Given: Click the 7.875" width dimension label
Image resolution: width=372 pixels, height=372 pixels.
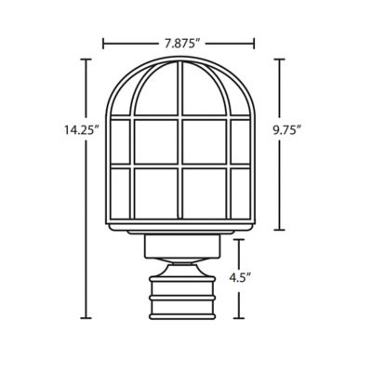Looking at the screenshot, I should tap(179, 42).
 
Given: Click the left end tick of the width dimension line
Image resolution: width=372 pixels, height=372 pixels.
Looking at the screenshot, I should tap(103, 42).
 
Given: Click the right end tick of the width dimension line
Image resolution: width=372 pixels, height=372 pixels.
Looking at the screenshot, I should tap(254, 42).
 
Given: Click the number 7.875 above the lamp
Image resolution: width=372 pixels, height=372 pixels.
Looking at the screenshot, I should tap(177, 42).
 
